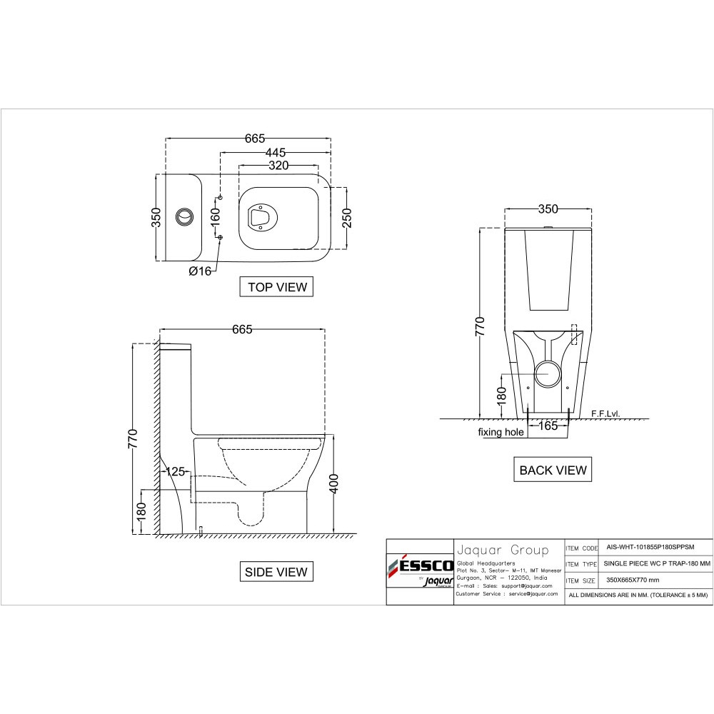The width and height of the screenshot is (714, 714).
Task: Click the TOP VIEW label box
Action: pyautogui.click(x=276, y=286)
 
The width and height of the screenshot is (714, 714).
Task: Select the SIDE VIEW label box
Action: pyautogui.click(x=276, y=571)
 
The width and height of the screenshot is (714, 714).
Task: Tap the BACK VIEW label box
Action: pyautogui.click(x=553, y=470)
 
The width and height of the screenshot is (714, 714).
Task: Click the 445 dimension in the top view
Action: pyautogui.click(x=276, y=152)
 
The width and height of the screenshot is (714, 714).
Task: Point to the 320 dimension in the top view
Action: pyautogui.click(x=278, y=166)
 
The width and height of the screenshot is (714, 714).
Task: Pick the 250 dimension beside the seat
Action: pyautogui.click(x=347, y=218)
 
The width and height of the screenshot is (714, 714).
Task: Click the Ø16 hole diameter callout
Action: pyautogui.click(x=201, y=271)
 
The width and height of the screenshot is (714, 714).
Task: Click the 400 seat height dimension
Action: pyautogui.click(x=333, y=483)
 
